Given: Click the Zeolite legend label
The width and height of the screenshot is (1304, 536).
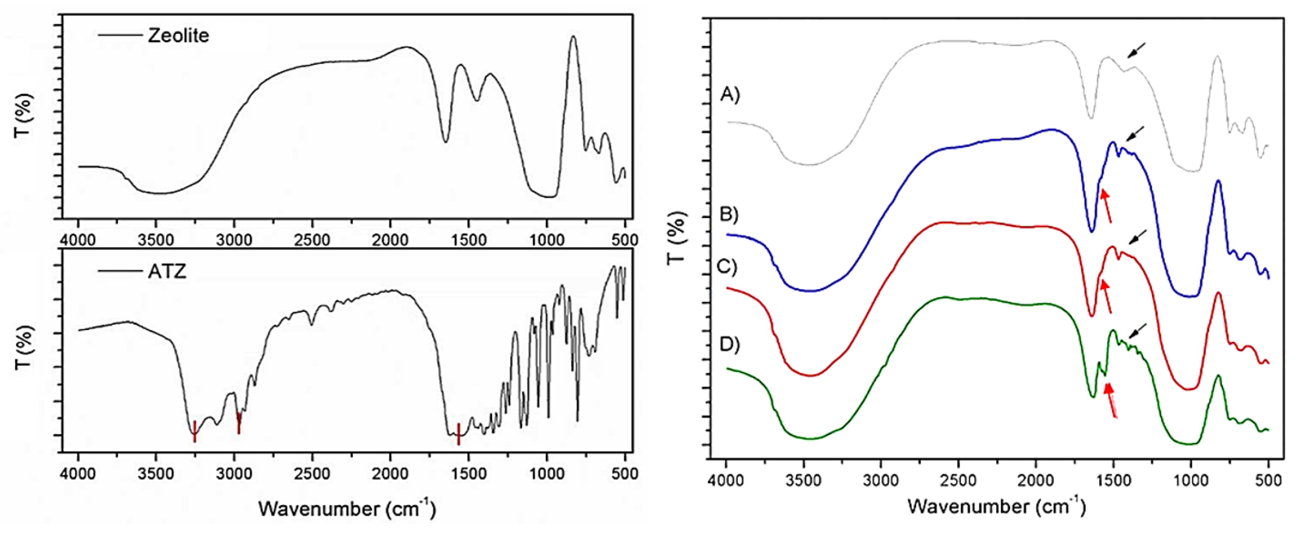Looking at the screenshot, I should (x=178, y=36).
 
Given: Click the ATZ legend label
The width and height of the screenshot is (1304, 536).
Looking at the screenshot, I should (x=167, y=272).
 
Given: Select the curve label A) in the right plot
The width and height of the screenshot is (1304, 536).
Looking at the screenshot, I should (x=730, y=94).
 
